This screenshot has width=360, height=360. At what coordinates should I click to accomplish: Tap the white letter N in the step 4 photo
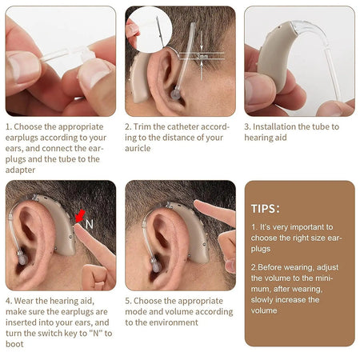pos(89,225)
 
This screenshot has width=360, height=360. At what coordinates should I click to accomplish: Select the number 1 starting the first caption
pos(8,126)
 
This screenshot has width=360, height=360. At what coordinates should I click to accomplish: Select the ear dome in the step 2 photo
pos(174,94)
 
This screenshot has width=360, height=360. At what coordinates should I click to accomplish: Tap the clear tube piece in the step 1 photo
pos(60,54)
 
